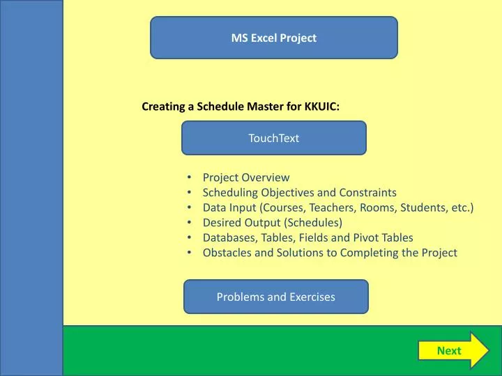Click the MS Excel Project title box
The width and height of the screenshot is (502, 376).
click(x=274, y=38)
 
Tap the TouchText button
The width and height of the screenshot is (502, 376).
click(x=274, y=138)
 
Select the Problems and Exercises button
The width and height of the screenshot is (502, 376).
click(x=275, y=297)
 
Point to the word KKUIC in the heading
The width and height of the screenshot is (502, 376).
click(x=321, y=107)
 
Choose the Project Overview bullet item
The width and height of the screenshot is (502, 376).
click(x=245, y=178)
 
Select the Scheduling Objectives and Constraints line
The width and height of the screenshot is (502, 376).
click(x=299, y=193)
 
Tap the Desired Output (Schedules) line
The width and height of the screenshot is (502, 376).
click(x=272, y=223)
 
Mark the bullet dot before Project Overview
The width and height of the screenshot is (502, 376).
click(x=190, y=178)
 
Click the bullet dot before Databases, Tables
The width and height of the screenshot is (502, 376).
click(x=190, y=237)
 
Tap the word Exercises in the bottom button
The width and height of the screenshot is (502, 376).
click(x=310, y=297)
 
